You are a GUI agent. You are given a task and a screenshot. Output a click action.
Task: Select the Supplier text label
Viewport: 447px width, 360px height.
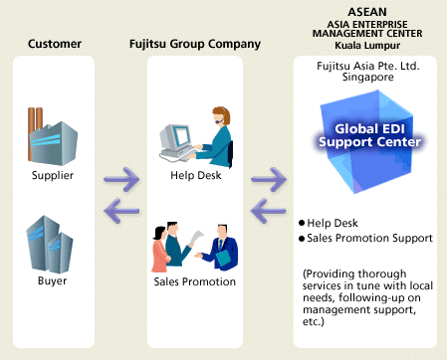[53, 175]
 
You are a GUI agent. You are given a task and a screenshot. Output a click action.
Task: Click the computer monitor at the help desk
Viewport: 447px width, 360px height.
[175, 136]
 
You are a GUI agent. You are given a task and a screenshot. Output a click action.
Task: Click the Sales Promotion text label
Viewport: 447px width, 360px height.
[194, 281]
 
